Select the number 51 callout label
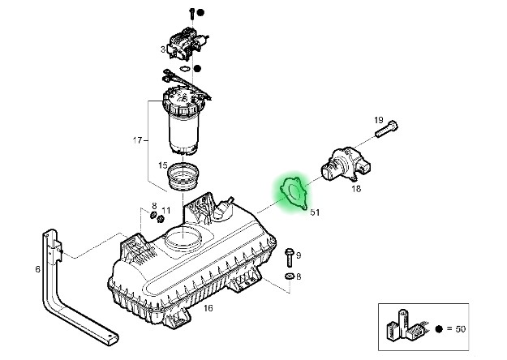tap(315, 212)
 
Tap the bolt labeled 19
tap(386, 129)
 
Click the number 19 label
tap(379, 120)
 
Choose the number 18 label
tap(356, 189)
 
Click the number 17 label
tap(137, 140)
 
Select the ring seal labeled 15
tap(183, 177)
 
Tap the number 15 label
tap(163, 165)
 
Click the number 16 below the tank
tap(208, 308)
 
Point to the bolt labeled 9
tap(290, 257)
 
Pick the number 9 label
tap(299, 255)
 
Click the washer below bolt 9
tap(289, 276)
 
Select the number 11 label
tap(165, 211)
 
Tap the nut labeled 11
tap(161, 220)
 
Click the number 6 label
tap(38, 269)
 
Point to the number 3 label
tap(163, 49)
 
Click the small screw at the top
tap(191, 13)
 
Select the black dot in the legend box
tap(439, 329)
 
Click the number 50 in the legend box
tap(461, 329)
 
